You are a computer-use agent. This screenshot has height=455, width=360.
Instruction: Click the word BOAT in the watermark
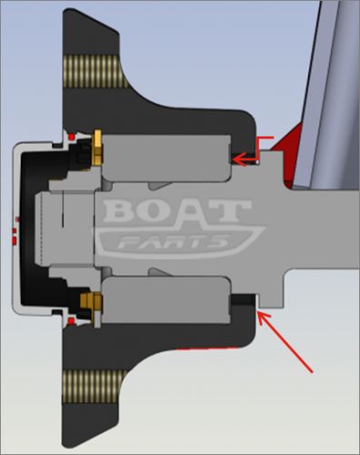[177, 210]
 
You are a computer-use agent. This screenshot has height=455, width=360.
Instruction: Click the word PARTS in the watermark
[173, 242]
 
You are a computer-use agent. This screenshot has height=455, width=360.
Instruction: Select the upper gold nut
[97, 147]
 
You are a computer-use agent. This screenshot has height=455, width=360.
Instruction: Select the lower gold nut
[91, 301]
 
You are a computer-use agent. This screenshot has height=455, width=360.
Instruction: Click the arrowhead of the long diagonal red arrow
[264, 318]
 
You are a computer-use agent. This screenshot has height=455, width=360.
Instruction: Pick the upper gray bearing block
[166, 157]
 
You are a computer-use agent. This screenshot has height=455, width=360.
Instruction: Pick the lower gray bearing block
[166, 300]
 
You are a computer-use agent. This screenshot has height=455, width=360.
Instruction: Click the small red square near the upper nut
[72, 137]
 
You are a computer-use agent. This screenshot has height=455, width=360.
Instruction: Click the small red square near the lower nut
[71, 321]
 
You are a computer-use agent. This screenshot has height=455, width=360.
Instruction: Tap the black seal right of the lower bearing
[243, 299]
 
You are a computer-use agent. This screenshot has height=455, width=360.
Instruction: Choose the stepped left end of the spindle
[65, 228]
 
